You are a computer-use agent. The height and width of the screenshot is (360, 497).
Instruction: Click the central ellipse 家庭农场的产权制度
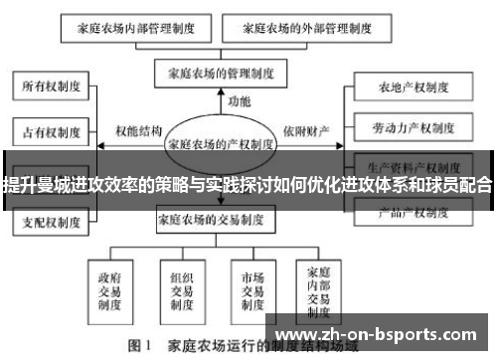tap(223, 142)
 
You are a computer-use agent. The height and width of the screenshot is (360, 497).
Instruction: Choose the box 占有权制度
tap(46, 129)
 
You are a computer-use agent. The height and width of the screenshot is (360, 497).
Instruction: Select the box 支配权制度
tap(46, 221)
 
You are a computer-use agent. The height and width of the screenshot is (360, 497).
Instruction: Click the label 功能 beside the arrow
tap(240, 101)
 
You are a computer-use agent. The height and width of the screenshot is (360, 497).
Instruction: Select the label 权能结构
tap(138, 129)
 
